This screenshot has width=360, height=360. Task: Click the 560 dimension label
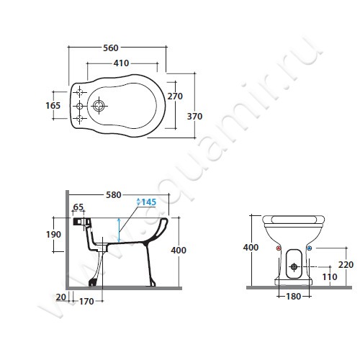pyautogui.click(x=111, y=48)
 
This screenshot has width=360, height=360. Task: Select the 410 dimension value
pyautogui.click(x=121, y=63)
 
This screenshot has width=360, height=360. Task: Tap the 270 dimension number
pyautogui.click(x=175, y=96)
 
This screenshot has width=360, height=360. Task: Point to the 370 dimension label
pyautogui.click(x=194, y=117)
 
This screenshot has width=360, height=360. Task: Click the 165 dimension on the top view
pyautogui.click(x=53, y=105)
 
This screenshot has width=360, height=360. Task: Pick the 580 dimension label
pyautogui.click(x=114, y=195)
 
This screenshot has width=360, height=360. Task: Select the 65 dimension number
pyautogui.click(x=78, y=207)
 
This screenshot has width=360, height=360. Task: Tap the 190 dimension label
pyautogui.click(x=53, y=235)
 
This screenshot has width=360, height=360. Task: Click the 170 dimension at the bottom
pyautogui.click(x=86, y=302)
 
